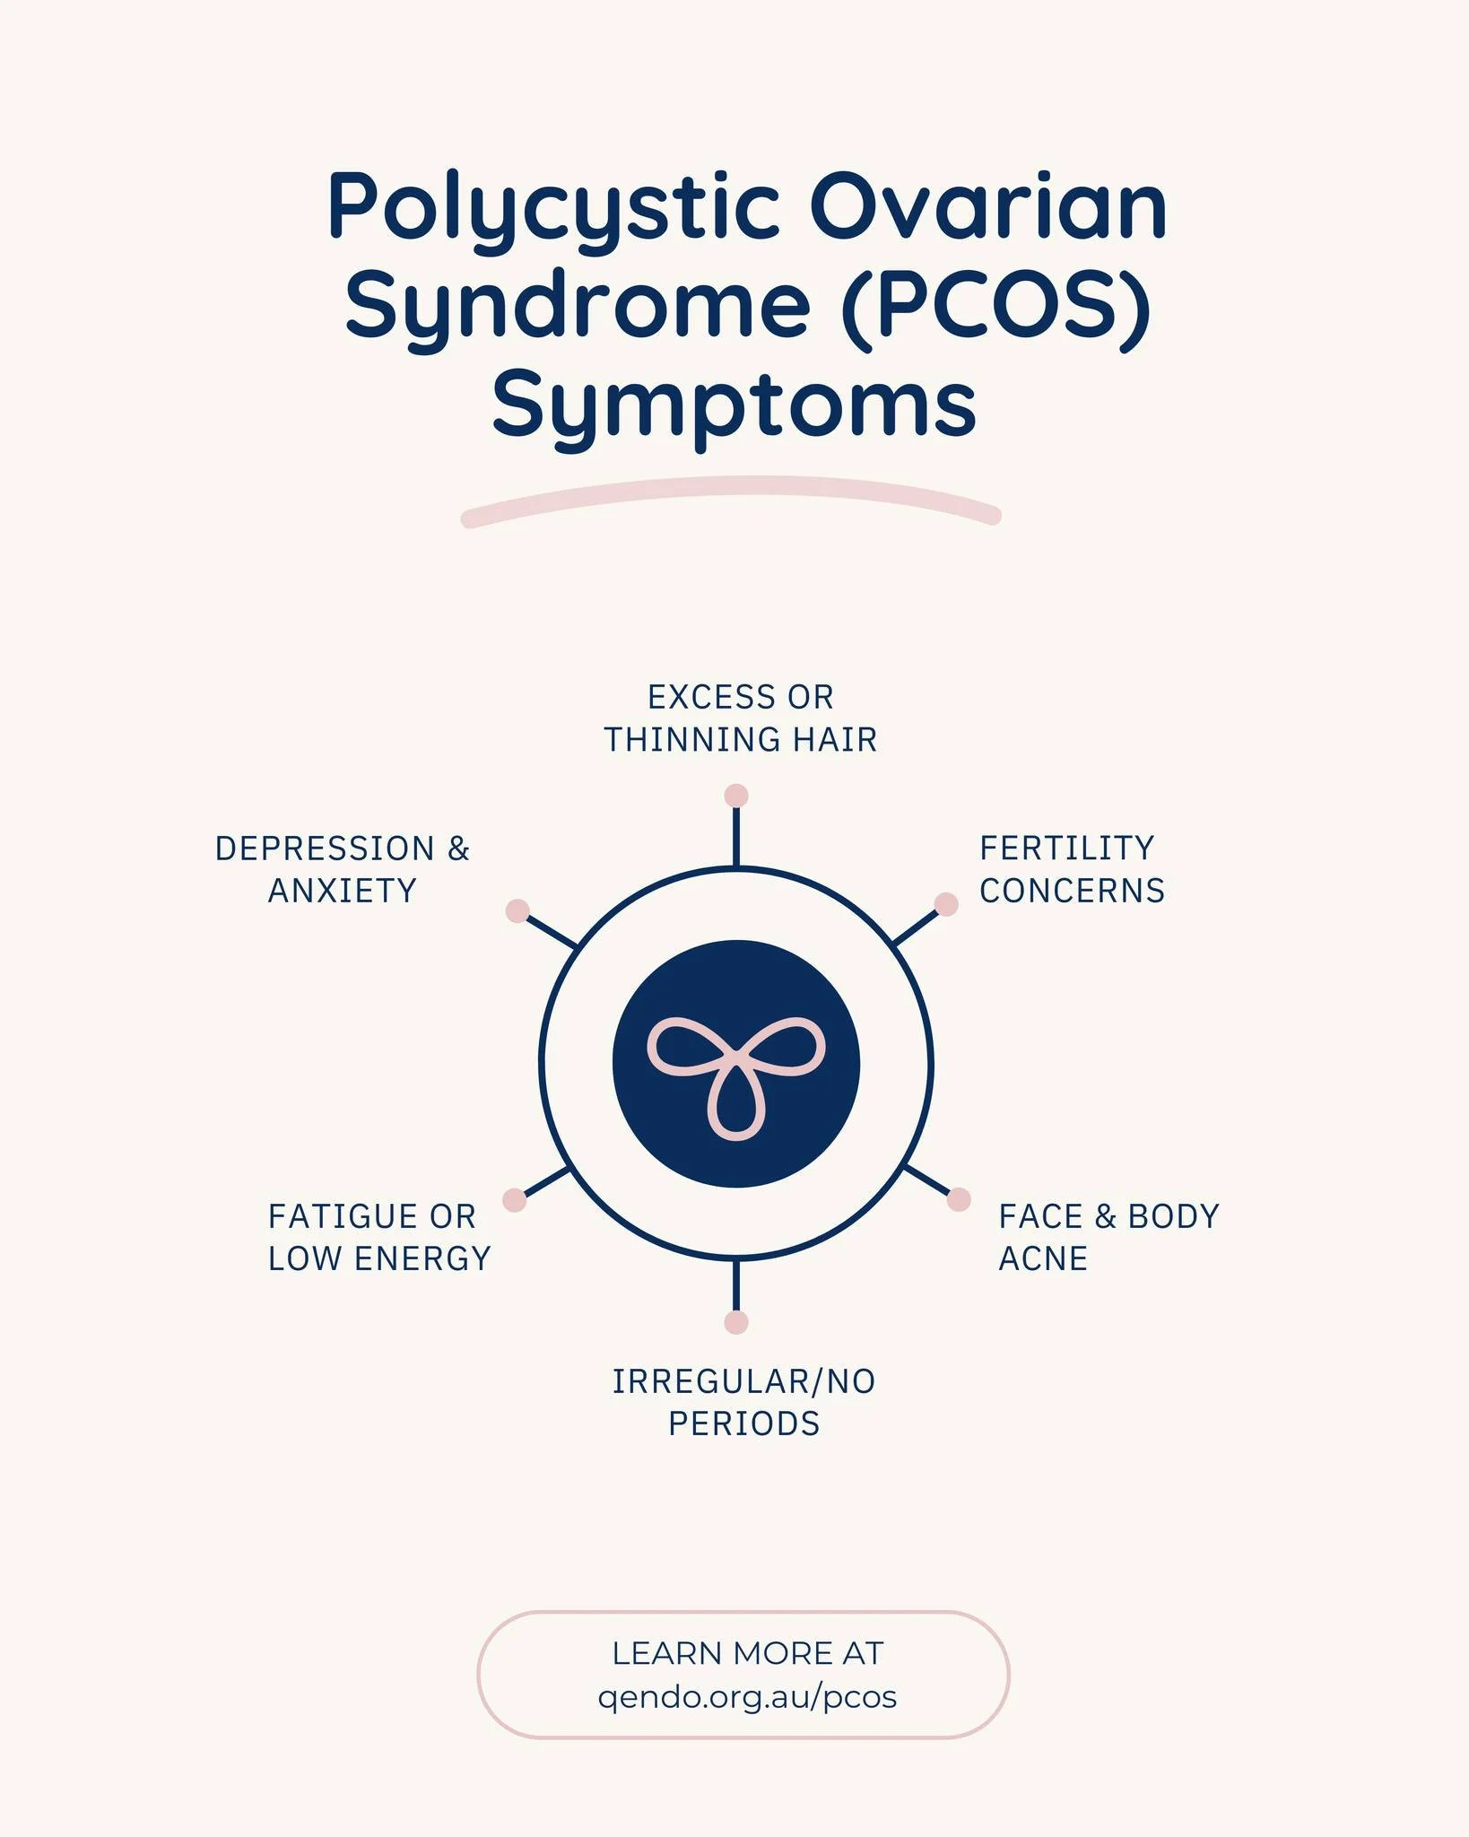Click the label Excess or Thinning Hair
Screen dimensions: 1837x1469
point(740,718)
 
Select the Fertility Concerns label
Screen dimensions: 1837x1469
point(1072,869)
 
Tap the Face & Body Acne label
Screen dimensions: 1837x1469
point(1108,1237)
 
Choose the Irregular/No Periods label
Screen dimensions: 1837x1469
point(743,1402)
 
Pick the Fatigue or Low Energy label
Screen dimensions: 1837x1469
point(379,1237)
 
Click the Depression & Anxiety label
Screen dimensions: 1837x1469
point(343,869)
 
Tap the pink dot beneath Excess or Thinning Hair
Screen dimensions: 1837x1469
point(736,796)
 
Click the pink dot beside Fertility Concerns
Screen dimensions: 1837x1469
point(946,904)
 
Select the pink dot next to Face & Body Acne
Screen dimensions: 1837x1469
point(959,1199)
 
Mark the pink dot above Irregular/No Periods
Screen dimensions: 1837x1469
point(736,1322)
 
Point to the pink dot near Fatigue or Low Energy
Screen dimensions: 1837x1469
point(514,1200)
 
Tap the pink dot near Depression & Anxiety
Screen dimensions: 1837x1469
point(517,910)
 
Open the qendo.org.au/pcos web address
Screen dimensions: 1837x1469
point(747,1697)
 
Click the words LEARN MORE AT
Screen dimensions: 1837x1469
point(747,1653)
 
